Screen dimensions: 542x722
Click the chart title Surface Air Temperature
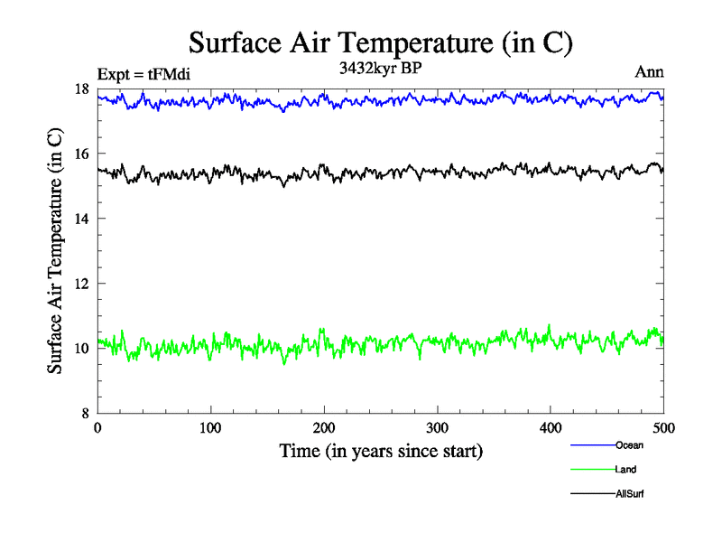[381, 42]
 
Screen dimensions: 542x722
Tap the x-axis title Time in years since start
[381, 450]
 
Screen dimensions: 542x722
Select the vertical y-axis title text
[56, 251]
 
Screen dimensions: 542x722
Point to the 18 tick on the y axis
[80, 89]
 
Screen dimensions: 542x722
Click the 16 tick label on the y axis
[80, 154]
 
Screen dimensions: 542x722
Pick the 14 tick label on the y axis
[80, 219]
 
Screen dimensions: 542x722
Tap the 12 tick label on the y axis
[80, 284]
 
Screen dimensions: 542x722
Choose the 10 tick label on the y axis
[80, 349]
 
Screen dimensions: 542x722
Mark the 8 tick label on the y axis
[84, 414]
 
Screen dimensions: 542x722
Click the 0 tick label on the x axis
[97, 428]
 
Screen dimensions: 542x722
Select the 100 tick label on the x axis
[210, 428]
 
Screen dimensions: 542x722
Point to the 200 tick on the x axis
[324, 428]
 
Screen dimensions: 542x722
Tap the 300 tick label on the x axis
[438, 428]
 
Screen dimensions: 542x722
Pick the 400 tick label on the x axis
[551, 428]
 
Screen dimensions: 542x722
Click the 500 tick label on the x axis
[664, 428]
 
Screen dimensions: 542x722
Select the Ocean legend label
[629, 444]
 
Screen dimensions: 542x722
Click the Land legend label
[626, 469]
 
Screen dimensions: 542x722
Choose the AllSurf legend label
[630, 493]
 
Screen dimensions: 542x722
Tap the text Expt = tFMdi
[143, 74]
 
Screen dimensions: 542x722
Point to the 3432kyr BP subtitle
[381, 67]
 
